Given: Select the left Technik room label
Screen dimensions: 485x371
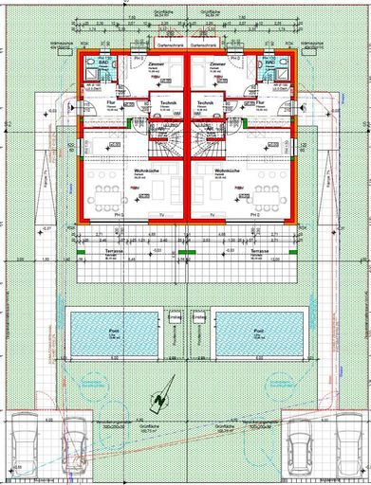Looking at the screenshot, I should (x=169, y=102).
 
